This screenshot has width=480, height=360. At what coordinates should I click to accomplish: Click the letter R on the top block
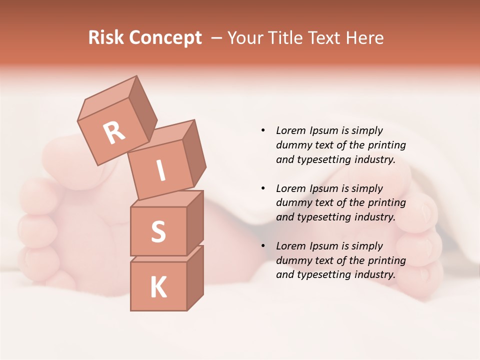point(114,133)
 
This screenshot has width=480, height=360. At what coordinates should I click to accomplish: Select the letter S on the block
point(158,231)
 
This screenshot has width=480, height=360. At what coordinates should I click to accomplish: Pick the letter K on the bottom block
point(158,287)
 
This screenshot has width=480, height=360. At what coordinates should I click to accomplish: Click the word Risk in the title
point(106,38)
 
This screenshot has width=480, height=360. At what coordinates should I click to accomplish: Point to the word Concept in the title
point(165,38)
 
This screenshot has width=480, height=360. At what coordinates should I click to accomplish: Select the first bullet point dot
point(263,130)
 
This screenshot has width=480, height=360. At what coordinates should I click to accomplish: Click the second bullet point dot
point(263,188)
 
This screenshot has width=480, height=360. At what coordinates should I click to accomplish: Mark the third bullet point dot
point(263,246)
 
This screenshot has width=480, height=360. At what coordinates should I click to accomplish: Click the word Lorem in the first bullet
point(290,130)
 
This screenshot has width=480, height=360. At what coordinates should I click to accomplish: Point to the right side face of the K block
point(195,277)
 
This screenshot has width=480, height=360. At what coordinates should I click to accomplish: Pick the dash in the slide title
point(217,38)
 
